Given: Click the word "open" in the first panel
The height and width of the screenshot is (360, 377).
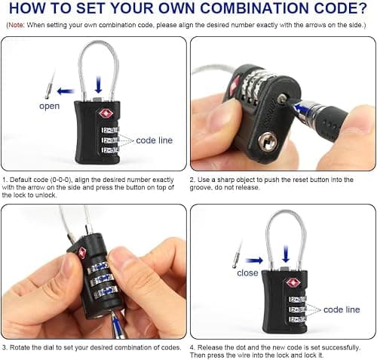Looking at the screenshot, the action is [x=50, y=106].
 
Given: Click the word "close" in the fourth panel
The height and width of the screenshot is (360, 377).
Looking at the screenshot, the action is [x=247, y=273].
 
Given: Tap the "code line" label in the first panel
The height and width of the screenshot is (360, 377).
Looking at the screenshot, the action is [x=154, y=140].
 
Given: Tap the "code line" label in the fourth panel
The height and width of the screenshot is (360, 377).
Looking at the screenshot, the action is [x=342, y=309].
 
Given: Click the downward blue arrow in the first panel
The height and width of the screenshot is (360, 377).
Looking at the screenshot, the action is [x=99, y=85].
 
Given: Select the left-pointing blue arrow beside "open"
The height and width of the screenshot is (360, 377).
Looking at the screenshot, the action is [x=66, y=91].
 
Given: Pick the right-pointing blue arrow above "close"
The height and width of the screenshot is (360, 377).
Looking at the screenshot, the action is [x=254, y=260].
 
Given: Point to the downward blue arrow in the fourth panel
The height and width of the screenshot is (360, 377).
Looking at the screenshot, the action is [x=286, y=254].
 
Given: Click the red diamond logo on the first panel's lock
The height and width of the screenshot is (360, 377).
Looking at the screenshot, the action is [x=106, y=114].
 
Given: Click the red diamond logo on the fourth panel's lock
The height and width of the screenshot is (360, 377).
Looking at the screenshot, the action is [x=293, y=283].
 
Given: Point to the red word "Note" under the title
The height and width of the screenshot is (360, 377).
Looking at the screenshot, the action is [x=16, y=25].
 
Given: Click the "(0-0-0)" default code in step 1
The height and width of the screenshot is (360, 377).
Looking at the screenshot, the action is [x=60, y=180].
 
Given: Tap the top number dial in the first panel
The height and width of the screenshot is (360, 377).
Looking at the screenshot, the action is [x=110, y=131].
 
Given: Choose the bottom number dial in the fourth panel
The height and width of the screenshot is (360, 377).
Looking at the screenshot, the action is [x=297, y=319].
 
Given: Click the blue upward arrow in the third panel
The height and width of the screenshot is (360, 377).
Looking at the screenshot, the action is [x=116, y=324].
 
